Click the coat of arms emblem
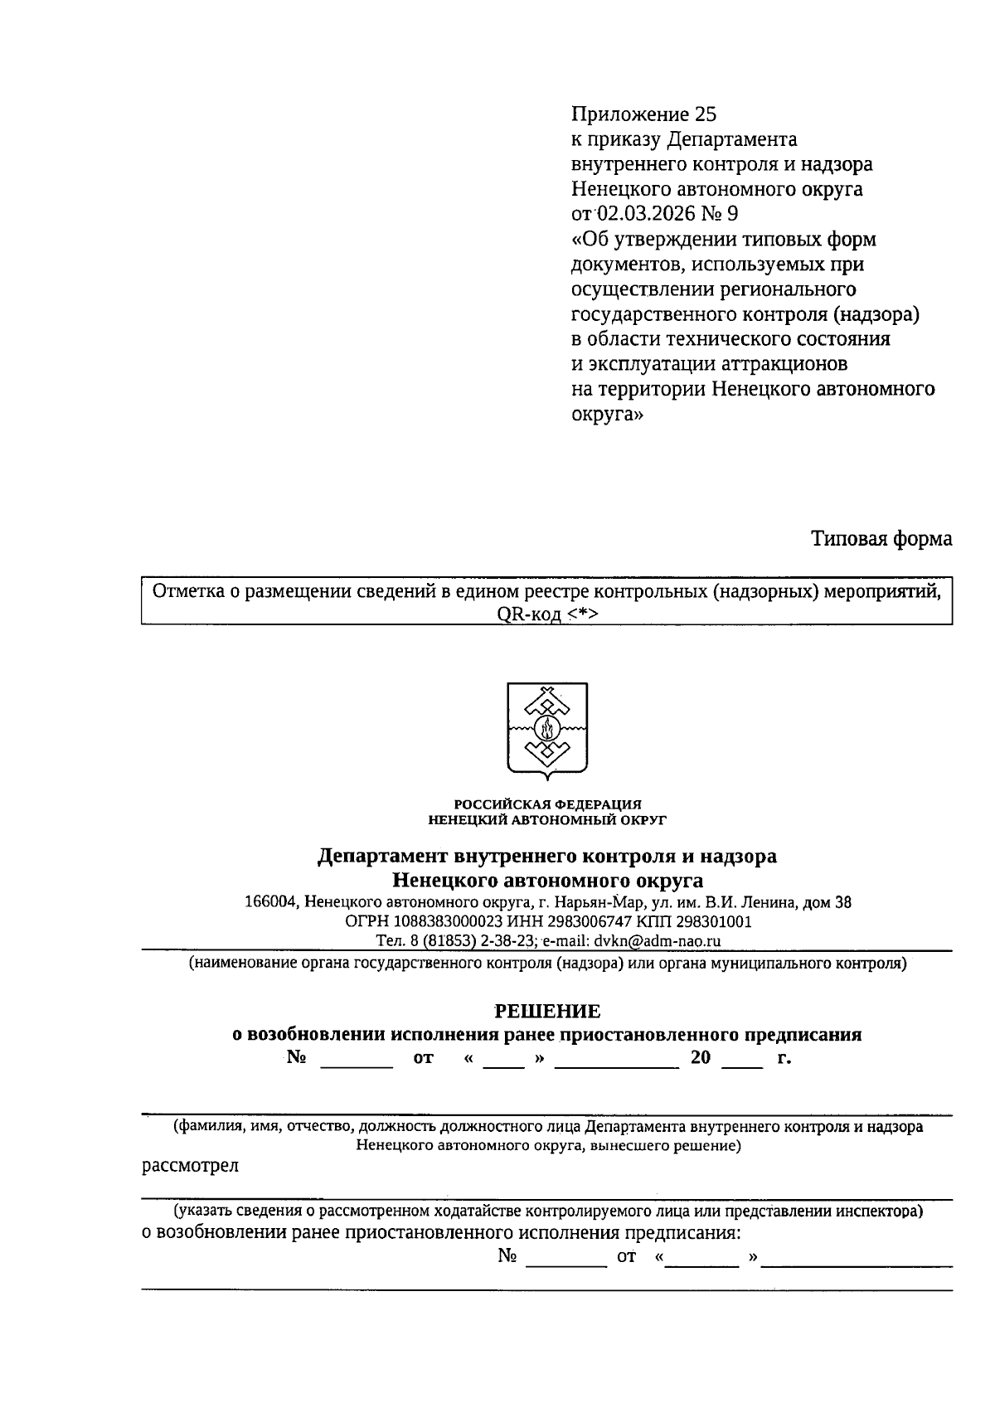(x=547, y=731)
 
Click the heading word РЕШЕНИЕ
(x=547, y=1011)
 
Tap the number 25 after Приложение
(x=706, y=114)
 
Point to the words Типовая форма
(x=881, y=539)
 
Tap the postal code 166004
(x=270, y=902)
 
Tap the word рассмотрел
(x=191, y=1165)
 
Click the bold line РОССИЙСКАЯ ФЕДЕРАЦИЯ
(x=547, y=804)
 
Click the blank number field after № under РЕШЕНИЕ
(x=357, y=1059)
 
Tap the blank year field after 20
(x=742, y=1059)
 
